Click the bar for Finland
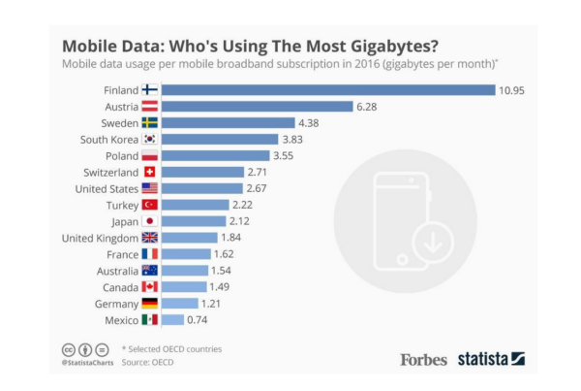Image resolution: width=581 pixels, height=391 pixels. [x=328, y=90]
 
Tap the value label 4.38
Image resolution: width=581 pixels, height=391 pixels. [x=311, y=123]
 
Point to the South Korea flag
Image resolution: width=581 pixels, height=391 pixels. [x=150, y=140]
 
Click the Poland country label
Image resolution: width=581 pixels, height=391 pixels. [x=122, y=155]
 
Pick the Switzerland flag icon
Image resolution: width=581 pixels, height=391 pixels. [x=150, y=172]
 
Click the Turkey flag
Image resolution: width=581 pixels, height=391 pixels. [x=150, y=205]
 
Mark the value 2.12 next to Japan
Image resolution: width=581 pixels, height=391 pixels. [x=240, y=221]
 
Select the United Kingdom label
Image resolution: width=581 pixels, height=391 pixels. [x=99, y=238]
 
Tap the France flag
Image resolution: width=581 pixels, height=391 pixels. [x=150, y=254]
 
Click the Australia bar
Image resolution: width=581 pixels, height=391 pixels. [x=184, y=271]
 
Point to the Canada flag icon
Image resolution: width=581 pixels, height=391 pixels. [x=150, y=287]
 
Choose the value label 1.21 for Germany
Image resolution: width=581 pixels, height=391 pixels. [x=212, y=304]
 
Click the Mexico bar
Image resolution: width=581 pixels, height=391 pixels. [x=173, y=319]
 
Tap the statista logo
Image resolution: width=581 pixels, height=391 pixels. [x=491, y=359]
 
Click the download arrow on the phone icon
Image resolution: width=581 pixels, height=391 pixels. [x=431, y=242]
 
